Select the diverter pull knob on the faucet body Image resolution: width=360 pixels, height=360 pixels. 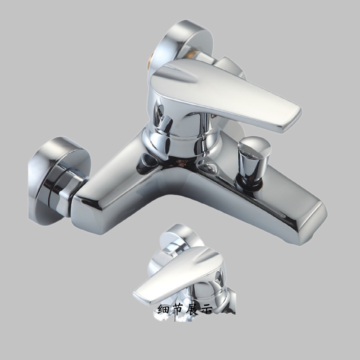255,151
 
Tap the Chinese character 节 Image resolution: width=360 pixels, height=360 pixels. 182,310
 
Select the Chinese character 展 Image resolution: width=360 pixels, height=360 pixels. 199,310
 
